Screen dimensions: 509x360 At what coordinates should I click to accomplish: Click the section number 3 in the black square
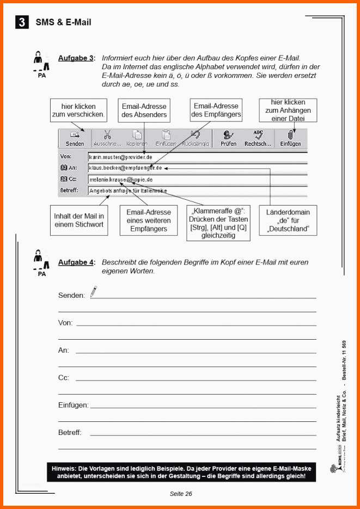point(22,22)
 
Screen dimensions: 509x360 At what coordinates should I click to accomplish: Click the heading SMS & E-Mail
point(63,22)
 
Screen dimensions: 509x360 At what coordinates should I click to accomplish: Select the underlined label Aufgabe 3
point(76,58)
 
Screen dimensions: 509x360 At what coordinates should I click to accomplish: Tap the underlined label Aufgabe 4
point(76,262)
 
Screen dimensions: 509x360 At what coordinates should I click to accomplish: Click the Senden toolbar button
point(75,138)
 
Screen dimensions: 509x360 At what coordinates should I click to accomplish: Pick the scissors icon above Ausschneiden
point(107,134)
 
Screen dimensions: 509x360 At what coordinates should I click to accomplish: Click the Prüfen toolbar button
point(228,138)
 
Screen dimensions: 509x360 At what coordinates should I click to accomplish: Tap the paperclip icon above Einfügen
point(290,134)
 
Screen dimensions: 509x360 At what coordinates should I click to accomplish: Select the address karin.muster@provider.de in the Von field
point(120,157)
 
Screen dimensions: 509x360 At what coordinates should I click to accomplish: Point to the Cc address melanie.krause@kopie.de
point(120,179)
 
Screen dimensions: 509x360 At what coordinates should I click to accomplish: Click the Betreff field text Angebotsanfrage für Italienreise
point(128,191)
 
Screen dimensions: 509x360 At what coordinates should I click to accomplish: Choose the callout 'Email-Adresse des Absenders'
point(144,111)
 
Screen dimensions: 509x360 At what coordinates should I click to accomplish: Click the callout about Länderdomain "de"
point(291,220)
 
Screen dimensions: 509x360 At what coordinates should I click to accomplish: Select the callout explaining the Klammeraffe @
point(218,223)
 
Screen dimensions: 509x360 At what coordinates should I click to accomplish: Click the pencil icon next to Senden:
point(94,292)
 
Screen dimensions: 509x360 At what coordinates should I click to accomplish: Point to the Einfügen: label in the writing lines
point(73,405)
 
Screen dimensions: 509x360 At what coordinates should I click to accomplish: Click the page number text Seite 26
point(181,494)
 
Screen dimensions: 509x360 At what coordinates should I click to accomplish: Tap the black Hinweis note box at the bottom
point(182,472)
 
